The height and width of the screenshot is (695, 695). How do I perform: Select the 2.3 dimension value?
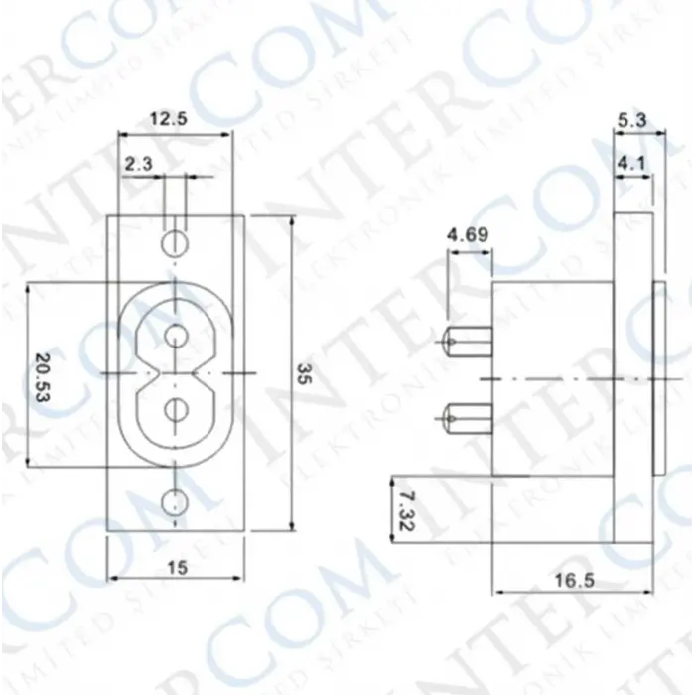click(139, 163)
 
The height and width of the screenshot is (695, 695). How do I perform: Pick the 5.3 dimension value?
click(632, 121)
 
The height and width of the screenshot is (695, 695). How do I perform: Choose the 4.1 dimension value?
click(631, 162)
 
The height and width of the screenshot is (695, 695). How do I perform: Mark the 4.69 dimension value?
click(468, 235)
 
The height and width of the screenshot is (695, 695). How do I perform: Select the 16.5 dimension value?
click(573, 580)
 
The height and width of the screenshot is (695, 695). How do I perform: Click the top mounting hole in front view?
click(175, 241)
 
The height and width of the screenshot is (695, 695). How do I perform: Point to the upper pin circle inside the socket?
click(175, 333)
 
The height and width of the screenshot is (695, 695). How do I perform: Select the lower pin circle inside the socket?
click(175, 408)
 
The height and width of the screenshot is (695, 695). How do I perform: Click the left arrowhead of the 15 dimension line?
click(111, 578)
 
